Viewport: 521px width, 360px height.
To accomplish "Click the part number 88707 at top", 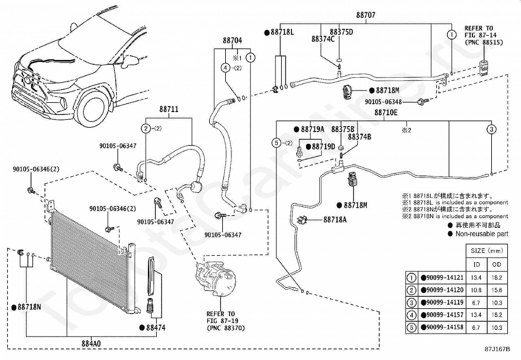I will click(366, 15).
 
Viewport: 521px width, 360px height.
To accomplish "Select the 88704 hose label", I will click(232, 41).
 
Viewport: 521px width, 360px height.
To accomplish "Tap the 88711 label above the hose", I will click(169, 109).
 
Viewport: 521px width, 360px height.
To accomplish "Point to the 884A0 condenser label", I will click(91, 344).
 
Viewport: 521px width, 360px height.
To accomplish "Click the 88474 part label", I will click(155, 328).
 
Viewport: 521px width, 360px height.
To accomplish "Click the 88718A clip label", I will click(334, 220).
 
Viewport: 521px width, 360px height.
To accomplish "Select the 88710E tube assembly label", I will click(386, 113).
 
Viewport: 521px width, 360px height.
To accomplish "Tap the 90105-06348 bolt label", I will click(383, 102).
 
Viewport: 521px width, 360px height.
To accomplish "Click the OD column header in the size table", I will click(496, 264).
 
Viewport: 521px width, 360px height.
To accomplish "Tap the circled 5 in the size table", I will click(411, 327).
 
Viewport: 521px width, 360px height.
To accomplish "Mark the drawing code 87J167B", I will click(497, 349).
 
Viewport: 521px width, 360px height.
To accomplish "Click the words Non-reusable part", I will click(482, 234).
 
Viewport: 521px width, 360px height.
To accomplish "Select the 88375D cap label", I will click(341, 32).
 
